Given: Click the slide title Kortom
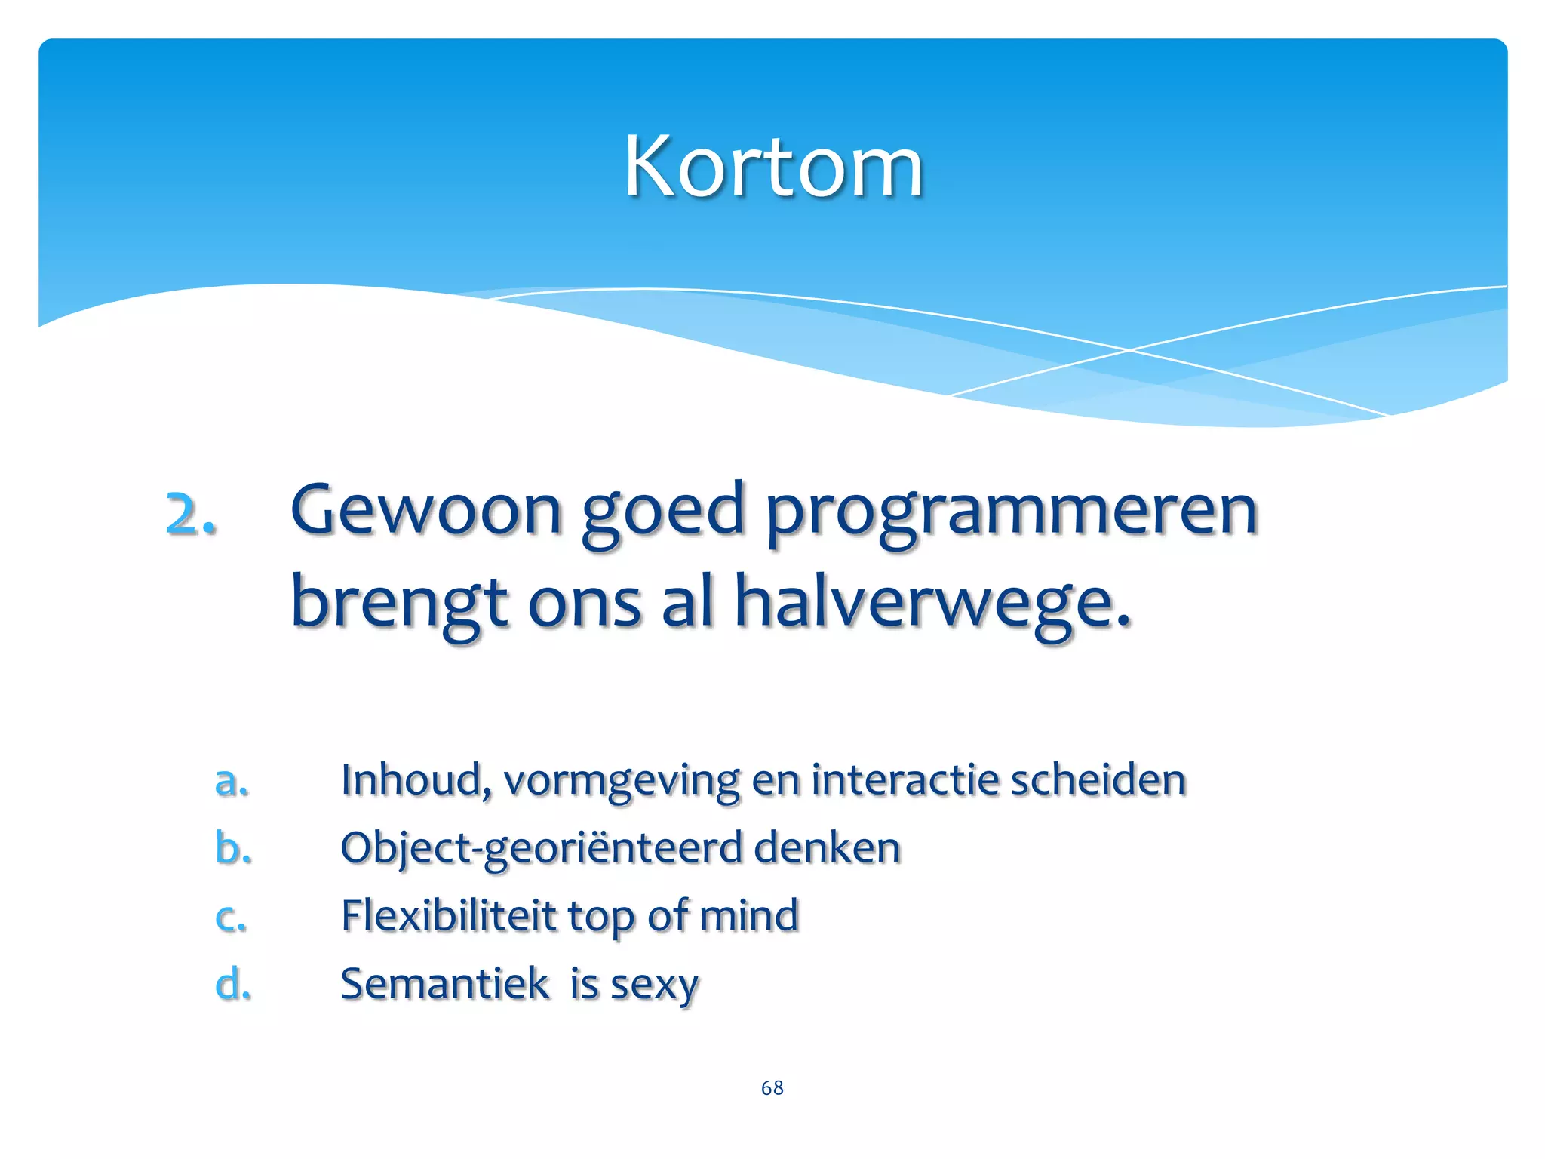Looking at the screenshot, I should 773,168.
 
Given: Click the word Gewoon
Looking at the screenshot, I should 426,511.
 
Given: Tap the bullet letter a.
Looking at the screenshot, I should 231,781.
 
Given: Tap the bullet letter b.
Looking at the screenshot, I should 232,847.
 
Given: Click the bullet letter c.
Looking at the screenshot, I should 230,917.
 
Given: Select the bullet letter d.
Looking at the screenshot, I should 232,983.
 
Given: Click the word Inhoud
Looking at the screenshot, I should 414,779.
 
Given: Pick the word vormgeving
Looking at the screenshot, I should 621,781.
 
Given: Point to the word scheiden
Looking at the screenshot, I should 1098,779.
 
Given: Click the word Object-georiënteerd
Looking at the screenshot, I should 541,848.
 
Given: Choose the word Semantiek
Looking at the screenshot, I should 444,984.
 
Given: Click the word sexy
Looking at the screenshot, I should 654,985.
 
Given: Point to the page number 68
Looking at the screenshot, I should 772,1087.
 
